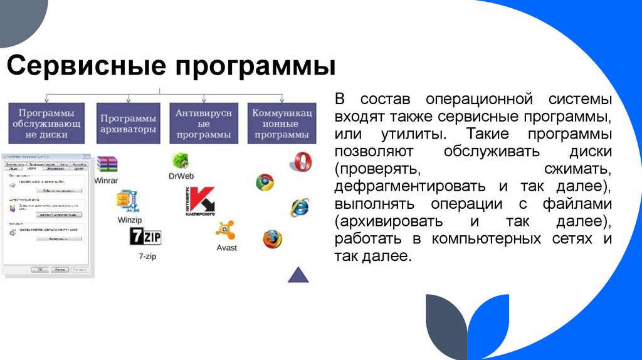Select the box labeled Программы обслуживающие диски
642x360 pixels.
[x=46, y=124]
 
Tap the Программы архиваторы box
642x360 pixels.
[x=129, y=124]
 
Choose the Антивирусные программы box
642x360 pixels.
[x=204, y=124]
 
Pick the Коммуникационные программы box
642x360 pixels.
[x=282, y=124]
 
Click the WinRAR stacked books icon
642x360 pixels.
[x=107, y=164]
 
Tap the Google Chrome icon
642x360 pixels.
[x=265, y=183]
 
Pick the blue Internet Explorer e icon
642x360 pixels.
[x=299, y=207]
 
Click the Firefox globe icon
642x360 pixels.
[x=272, y=239]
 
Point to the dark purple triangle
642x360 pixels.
[x=298, y=275]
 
